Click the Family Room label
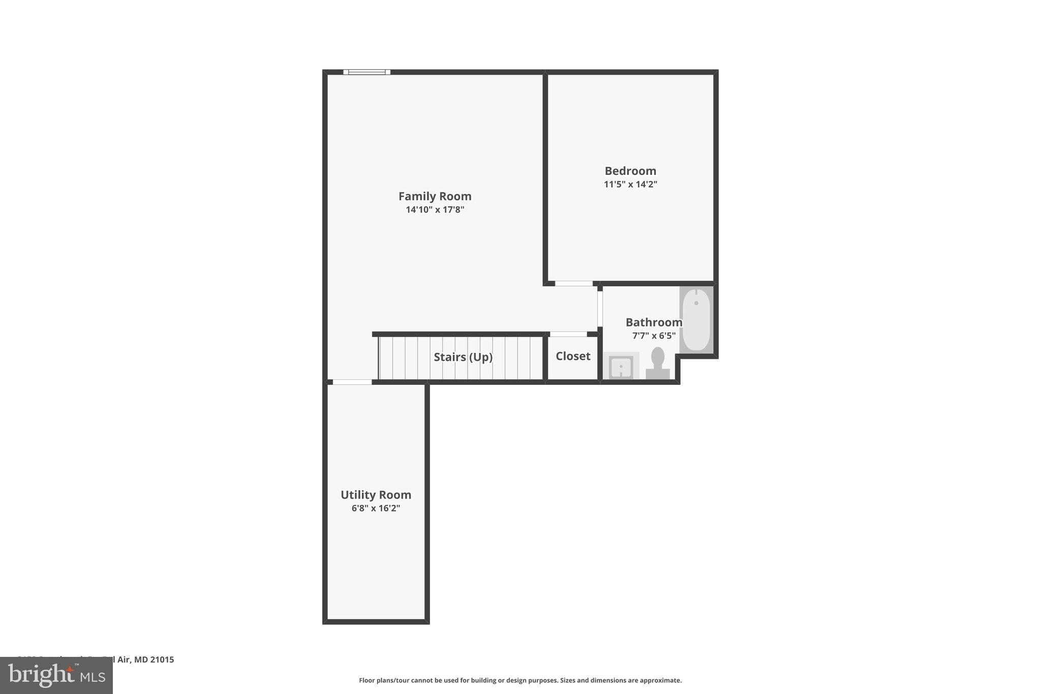(435, 196)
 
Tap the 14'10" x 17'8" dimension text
(435, 209)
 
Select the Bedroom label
(630, 171)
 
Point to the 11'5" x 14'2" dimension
(630, 184)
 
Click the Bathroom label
(654, 322)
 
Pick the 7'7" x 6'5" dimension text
(654, 336)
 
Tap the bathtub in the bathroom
(696, 320)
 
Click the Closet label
(573, 356)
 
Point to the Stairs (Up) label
(463, 357)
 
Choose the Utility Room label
(376, 495)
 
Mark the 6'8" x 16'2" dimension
(376, 508)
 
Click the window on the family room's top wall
(366, 72)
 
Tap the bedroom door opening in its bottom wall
(573, 284)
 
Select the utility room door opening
(352, 382)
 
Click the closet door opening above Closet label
(568, 334)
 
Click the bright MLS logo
(56, 675)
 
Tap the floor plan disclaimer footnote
(520, 680)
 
